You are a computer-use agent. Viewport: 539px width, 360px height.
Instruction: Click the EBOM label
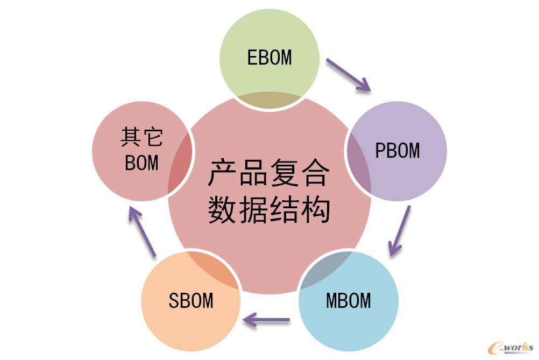click(269, 57)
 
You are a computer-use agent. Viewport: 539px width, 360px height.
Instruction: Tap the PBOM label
click(397, 151)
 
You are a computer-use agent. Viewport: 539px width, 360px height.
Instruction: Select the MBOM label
click(348, 300)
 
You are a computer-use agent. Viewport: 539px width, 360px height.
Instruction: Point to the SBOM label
click(191, 300)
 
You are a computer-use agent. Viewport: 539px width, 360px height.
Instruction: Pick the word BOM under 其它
click(141, 163)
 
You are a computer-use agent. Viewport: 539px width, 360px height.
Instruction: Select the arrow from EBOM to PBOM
click(348, 74)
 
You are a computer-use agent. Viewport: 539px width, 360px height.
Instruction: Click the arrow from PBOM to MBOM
click(399, 230)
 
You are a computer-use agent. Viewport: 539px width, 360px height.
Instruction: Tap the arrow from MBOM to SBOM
click(267, 321)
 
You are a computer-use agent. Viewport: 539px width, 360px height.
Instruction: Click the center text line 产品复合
click(269, 173)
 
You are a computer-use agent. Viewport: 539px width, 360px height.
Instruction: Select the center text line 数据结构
click(269, 210)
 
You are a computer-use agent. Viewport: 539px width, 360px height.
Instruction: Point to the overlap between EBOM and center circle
click(269, 100)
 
